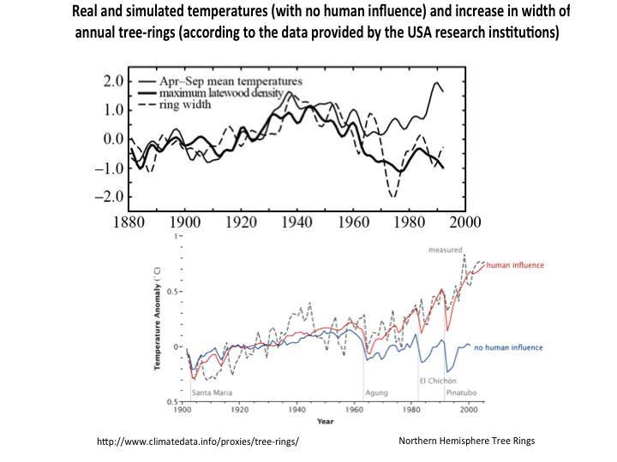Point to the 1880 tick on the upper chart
129,222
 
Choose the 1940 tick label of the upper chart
295,222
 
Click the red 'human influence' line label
514,265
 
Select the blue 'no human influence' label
506,346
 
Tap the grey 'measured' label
445,250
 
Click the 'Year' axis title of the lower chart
325,421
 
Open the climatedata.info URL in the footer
198,441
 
